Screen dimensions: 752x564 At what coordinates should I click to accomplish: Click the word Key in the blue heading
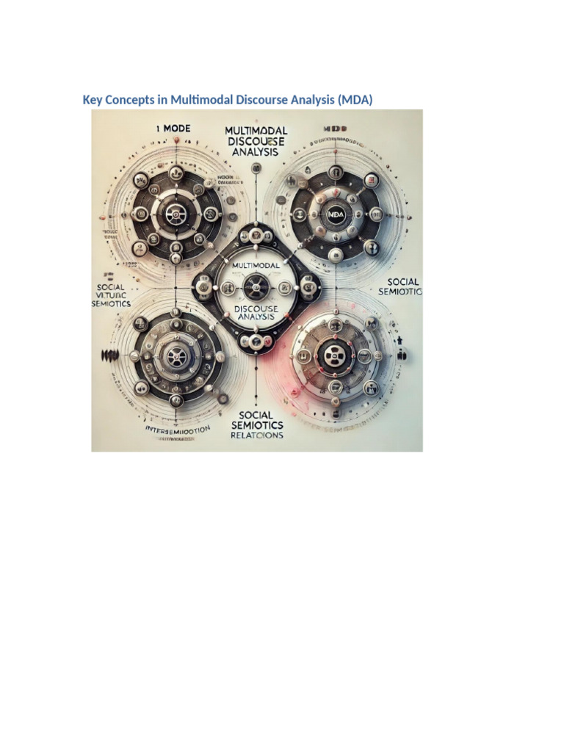click(92, 99)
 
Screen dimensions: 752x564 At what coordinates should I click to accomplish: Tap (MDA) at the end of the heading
click(355, 99)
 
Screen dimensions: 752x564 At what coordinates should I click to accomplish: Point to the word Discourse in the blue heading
click(264, 99)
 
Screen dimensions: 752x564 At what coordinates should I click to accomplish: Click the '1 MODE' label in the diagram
click(173, 128)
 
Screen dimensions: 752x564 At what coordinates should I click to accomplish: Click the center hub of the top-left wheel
click(175, 214)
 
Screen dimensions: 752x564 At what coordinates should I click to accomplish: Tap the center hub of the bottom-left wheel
click(175, 358)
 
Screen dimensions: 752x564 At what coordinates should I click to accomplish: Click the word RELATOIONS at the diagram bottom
click(256, 435)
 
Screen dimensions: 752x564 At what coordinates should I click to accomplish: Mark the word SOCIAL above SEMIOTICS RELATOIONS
click(256, 415)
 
